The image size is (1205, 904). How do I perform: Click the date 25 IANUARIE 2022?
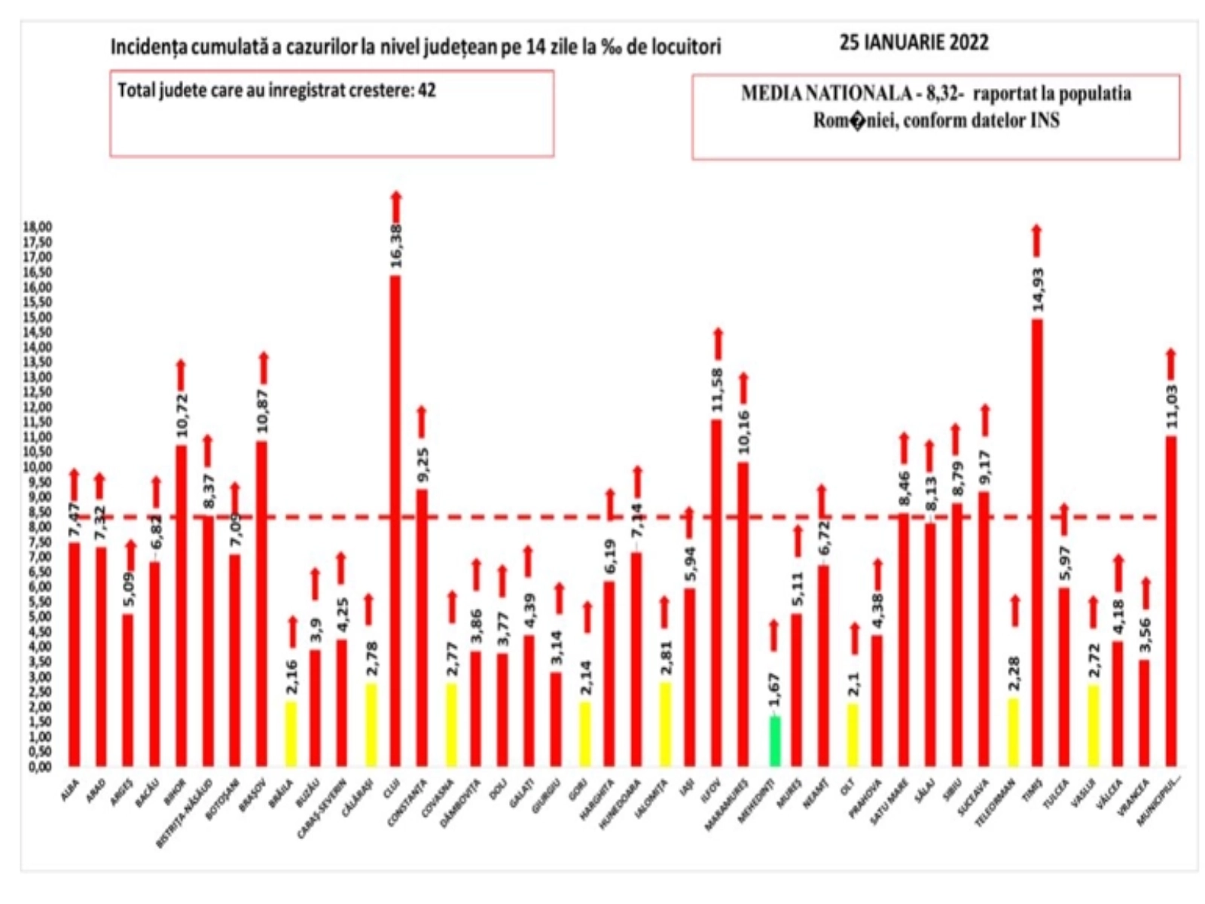click(914, 43)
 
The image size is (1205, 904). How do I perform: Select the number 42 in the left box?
click(427, 90)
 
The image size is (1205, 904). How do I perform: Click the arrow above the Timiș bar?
click(1036, 240)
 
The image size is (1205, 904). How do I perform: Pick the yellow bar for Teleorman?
click(1013, 731)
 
